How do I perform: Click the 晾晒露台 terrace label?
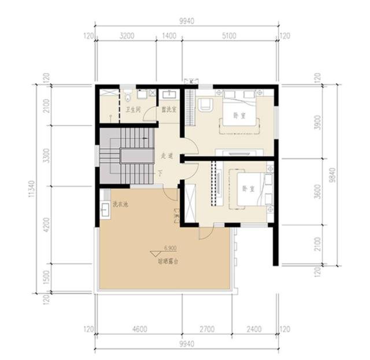(x=168, y=261)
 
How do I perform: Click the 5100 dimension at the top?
(x=230, y=35)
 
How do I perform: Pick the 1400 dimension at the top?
(x=169, y=35)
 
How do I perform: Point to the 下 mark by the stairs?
(x=160, y=173)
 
